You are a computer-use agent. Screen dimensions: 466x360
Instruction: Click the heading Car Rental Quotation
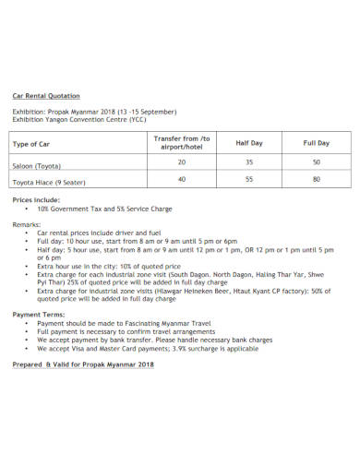pos(45,96)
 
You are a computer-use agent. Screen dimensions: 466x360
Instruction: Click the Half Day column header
pos(249,143)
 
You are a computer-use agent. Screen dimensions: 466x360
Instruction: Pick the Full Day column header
pos(317,143)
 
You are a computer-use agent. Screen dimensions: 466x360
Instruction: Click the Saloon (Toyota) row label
pos(37,166)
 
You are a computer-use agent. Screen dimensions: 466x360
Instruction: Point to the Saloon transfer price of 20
pos(181,161)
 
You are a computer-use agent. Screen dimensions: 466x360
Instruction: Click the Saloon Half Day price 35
pos(249,161)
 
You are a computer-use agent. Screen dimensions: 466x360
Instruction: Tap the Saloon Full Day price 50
pos(317,161)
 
